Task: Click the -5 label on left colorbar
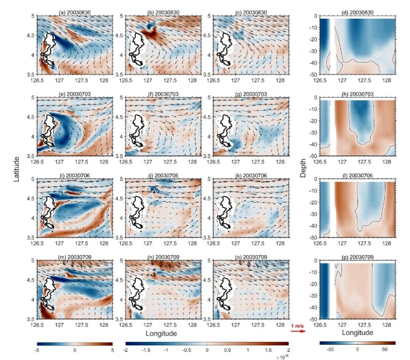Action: (37, 349)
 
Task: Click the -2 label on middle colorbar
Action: (128, 349)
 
